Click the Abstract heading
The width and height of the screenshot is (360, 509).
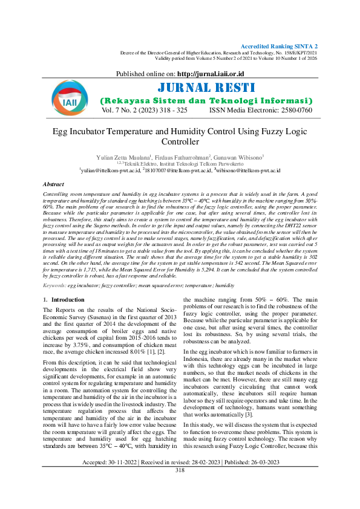[54, 183]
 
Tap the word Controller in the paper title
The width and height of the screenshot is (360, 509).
[180, 142]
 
